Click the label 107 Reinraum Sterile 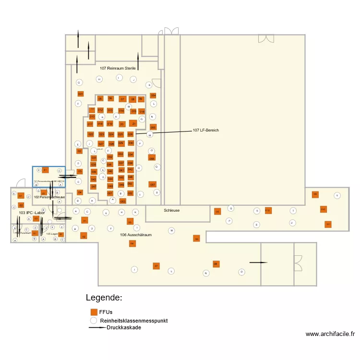(x=118, y=69)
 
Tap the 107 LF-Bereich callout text (x=206, y=131)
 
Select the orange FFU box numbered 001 (x=80, y=94)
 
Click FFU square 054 (x=153, y=96)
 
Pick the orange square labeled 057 (x=152, y=184)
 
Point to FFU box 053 (x=122, y=201)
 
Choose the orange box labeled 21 (x=133, y=123)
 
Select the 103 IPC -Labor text (x=32, y=213)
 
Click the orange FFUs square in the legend (x=94, y=312)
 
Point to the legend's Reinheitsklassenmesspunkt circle (x=94, y=320)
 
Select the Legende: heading (x=104, y=298)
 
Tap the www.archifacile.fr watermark (x=330, y=334)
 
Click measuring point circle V (x=337, y=195)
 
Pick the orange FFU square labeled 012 (x=100, y=110)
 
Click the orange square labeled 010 (x=92, y=117)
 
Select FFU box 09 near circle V (x=315, y=194)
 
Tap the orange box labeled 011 (x=92, y=109)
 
